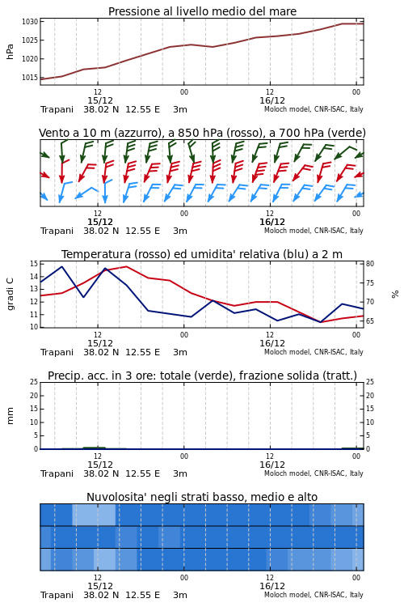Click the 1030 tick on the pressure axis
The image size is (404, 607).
(30, 22)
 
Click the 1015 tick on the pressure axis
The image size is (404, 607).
(30, 78)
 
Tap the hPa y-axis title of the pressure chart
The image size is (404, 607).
(10, 52)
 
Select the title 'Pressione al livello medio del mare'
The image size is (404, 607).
(202, 11)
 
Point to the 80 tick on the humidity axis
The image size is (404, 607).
(370, 264)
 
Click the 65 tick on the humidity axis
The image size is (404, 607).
(370, 321)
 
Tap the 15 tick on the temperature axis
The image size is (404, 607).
(34, 264)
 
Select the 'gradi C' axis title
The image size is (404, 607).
(10, 294)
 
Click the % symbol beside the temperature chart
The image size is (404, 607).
(395, 295)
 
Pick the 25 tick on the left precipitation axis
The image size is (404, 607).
(34, 382)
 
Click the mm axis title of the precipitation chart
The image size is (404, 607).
(10, 416)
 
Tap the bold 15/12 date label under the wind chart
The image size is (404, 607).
(100, 223)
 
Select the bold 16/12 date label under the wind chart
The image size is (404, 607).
(272, 223)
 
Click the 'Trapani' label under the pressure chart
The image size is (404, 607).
(57, 109)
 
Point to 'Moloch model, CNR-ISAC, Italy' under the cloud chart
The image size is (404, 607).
(314, 595)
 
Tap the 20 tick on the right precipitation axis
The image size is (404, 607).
(370, 395)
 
